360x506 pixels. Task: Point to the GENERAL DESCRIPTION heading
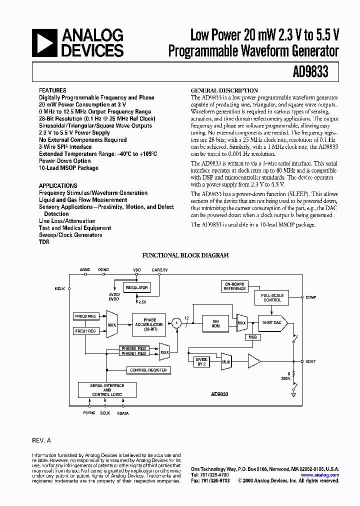[225, 90]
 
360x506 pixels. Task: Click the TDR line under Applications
[44, 242]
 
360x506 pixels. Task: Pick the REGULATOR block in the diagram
[137, 287]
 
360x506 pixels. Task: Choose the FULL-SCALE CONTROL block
[272, 297]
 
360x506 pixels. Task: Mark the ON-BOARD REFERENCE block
[234, 286]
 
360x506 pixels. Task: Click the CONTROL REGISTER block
[148, 370]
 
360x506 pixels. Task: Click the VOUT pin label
[310, 361]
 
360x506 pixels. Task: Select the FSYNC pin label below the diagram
[89, 413]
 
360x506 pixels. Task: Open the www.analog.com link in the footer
[327, 475]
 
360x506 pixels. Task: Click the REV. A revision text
[41, 440]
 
